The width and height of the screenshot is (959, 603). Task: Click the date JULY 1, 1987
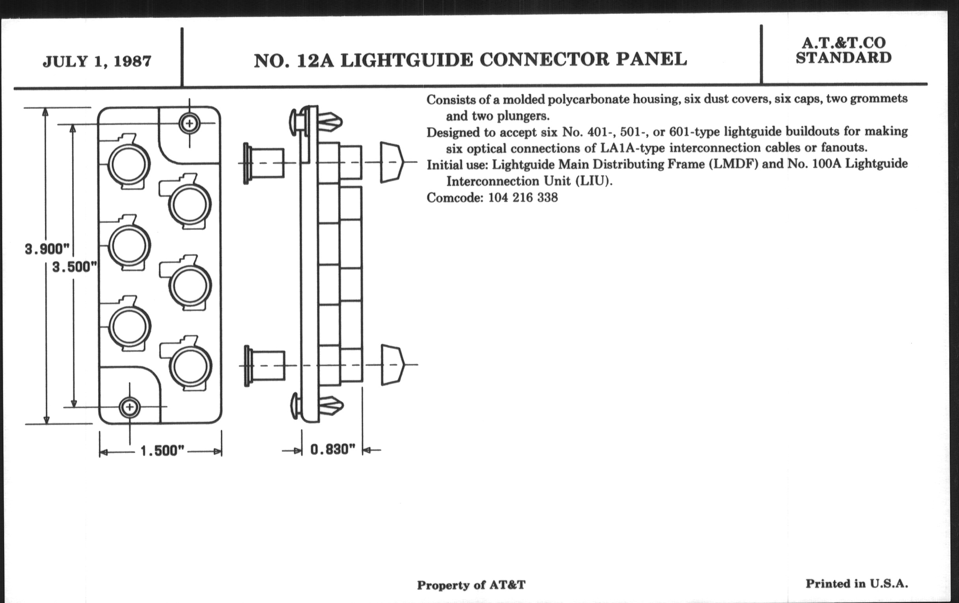point(97,61)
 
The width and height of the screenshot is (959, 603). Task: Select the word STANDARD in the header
point(843,58)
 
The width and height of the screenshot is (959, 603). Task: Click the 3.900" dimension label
point(47,249)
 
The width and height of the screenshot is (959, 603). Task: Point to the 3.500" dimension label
point(75,267)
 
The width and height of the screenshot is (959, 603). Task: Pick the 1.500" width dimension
point(162,451)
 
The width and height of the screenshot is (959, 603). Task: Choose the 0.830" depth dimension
point(332,450)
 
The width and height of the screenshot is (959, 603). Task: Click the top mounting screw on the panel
point(189,123)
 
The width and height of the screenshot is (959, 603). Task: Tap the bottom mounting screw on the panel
point(129,407)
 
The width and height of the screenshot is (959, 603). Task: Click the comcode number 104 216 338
point(522,197)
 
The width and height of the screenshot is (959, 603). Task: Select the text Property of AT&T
point(471,585)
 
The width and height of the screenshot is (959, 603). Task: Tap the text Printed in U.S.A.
point(856,584)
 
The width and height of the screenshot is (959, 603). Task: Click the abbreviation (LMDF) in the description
point(733,164)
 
